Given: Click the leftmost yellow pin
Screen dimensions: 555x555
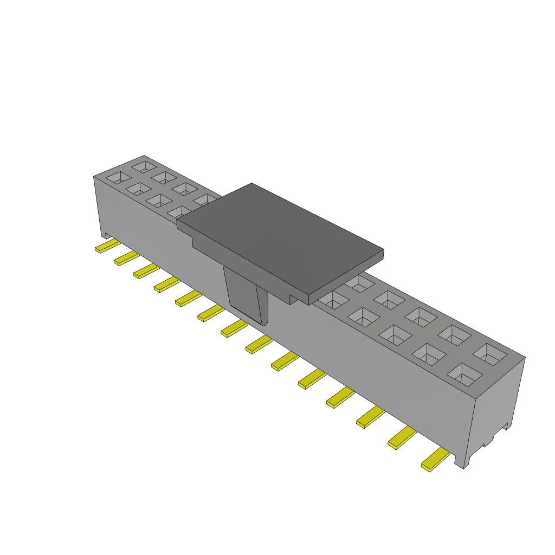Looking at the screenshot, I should coord(107,247).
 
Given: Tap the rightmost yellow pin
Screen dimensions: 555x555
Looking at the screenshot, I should coord(435,460).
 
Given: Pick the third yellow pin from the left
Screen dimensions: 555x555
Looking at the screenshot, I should coord(146,271).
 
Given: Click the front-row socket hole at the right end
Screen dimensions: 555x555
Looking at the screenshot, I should coord(464,374).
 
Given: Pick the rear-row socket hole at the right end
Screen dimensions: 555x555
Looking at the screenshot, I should coord(489,354).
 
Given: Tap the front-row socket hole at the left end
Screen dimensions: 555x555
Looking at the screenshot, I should coord(118,177).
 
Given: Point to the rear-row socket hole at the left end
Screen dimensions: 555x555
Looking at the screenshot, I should coord(144,166).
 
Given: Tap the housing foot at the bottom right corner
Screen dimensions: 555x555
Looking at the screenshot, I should coord(461,461).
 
